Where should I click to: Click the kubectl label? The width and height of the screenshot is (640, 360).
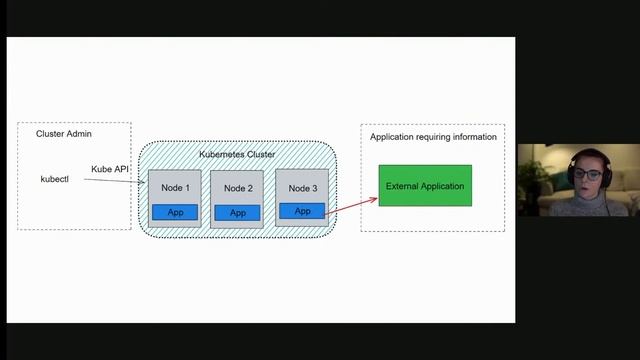point(54,179)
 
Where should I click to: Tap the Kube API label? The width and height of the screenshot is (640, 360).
point(110,169)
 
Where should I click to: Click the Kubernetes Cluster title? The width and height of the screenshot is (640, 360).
point(237,154)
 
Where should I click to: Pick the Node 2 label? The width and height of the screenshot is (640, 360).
point(238,188)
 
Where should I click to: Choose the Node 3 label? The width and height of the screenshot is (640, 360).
point(302,188)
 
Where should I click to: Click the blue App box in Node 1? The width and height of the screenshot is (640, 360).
point(175,212)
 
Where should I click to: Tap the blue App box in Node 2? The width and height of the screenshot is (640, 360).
point(238,212)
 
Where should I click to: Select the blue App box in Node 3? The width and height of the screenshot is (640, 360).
point(302,211)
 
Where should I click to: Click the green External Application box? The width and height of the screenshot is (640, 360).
point(425,186)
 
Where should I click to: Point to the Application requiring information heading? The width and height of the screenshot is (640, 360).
point(433,137)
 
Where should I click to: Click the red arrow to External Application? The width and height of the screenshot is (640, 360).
point(352,206)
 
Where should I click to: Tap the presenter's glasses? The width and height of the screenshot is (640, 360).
point(588,175)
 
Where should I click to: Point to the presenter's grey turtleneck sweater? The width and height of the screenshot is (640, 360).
point(590,205)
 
